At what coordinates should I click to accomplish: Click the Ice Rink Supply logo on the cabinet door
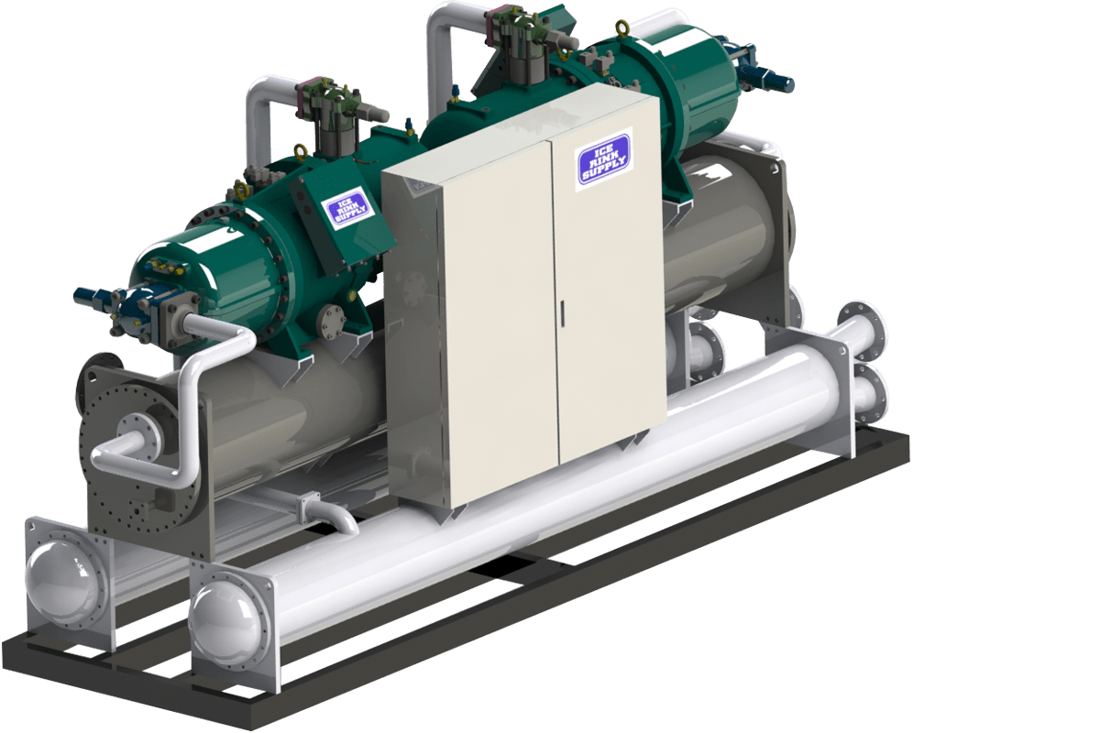coord(603,159)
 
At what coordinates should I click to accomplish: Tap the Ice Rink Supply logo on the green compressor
coord(348,209)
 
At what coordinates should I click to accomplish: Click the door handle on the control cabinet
coord(562,313)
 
